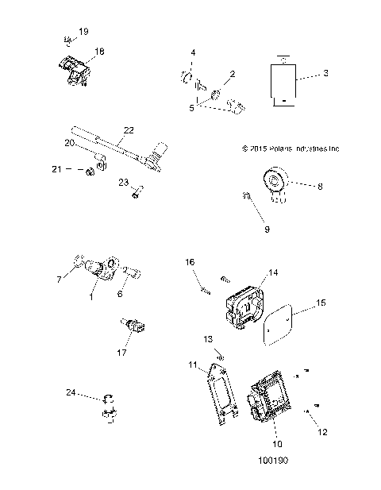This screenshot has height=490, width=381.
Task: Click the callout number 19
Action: [x=83, y=31]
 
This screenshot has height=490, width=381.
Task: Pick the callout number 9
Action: [x=267, y=230]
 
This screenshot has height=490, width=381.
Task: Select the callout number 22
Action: [x=129, y=129]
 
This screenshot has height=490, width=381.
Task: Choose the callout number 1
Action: [x=91, y=297]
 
